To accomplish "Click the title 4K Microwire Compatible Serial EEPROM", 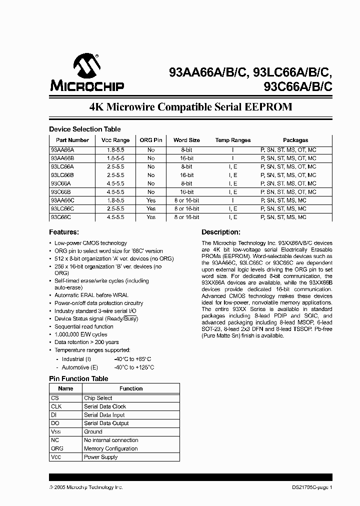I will pyautogui.click(x=190, y=107).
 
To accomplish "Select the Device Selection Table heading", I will pyautogui.click(x=84, y=129).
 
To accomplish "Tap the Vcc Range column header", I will pyautogui.click(x=115, y=140).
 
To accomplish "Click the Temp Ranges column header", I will pyautogui.click(x=233, y=140).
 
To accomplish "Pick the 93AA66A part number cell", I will pyautogui.click(x=62, y=149).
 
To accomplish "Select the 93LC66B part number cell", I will pyautogui.click(x=62, y=175).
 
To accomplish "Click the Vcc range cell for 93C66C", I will pyautogui.click(x=115, y=217).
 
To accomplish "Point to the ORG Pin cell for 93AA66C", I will pyautogui.click(x=151, y=200).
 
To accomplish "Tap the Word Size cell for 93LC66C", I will pyautogui.click(x=186, y=208).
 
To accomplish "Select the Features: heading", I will pyautogui.click(x=64, y=232).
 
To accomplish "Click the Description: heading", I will pyautogui.click(x=221, y=232).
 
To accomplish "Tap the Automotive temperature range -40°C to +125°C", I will pyautogui.click(x=134, y=367).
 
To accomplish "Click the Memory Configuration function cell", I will pyautogui.click(x=110, y=448).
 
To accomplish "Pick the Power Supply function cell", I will pyautogui.click(x=100, y=457).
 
